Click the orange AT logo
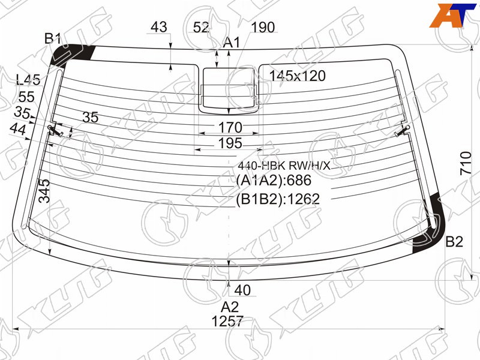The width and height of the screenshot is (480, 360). pos(453,16)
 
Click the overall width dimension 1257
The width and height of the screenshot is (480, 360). pos(227,322)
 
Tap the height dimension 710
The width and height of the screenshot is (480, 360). pos(466,163)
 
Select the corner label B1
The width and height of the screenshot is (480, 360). pos(53,39)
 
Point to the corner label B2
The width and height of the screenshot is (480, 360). pos(454,242)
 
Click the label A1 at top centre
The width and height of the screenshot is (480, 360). pos(232,43)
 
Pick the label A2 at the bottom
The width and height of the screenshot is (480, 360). pos(230,307)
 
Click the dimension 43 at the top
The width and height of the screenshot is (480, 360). pos(159,27)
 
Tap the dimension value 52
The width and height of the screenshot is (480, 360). pos(201,28)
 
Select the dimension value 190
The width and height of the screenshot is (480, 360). pos(263,28)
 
